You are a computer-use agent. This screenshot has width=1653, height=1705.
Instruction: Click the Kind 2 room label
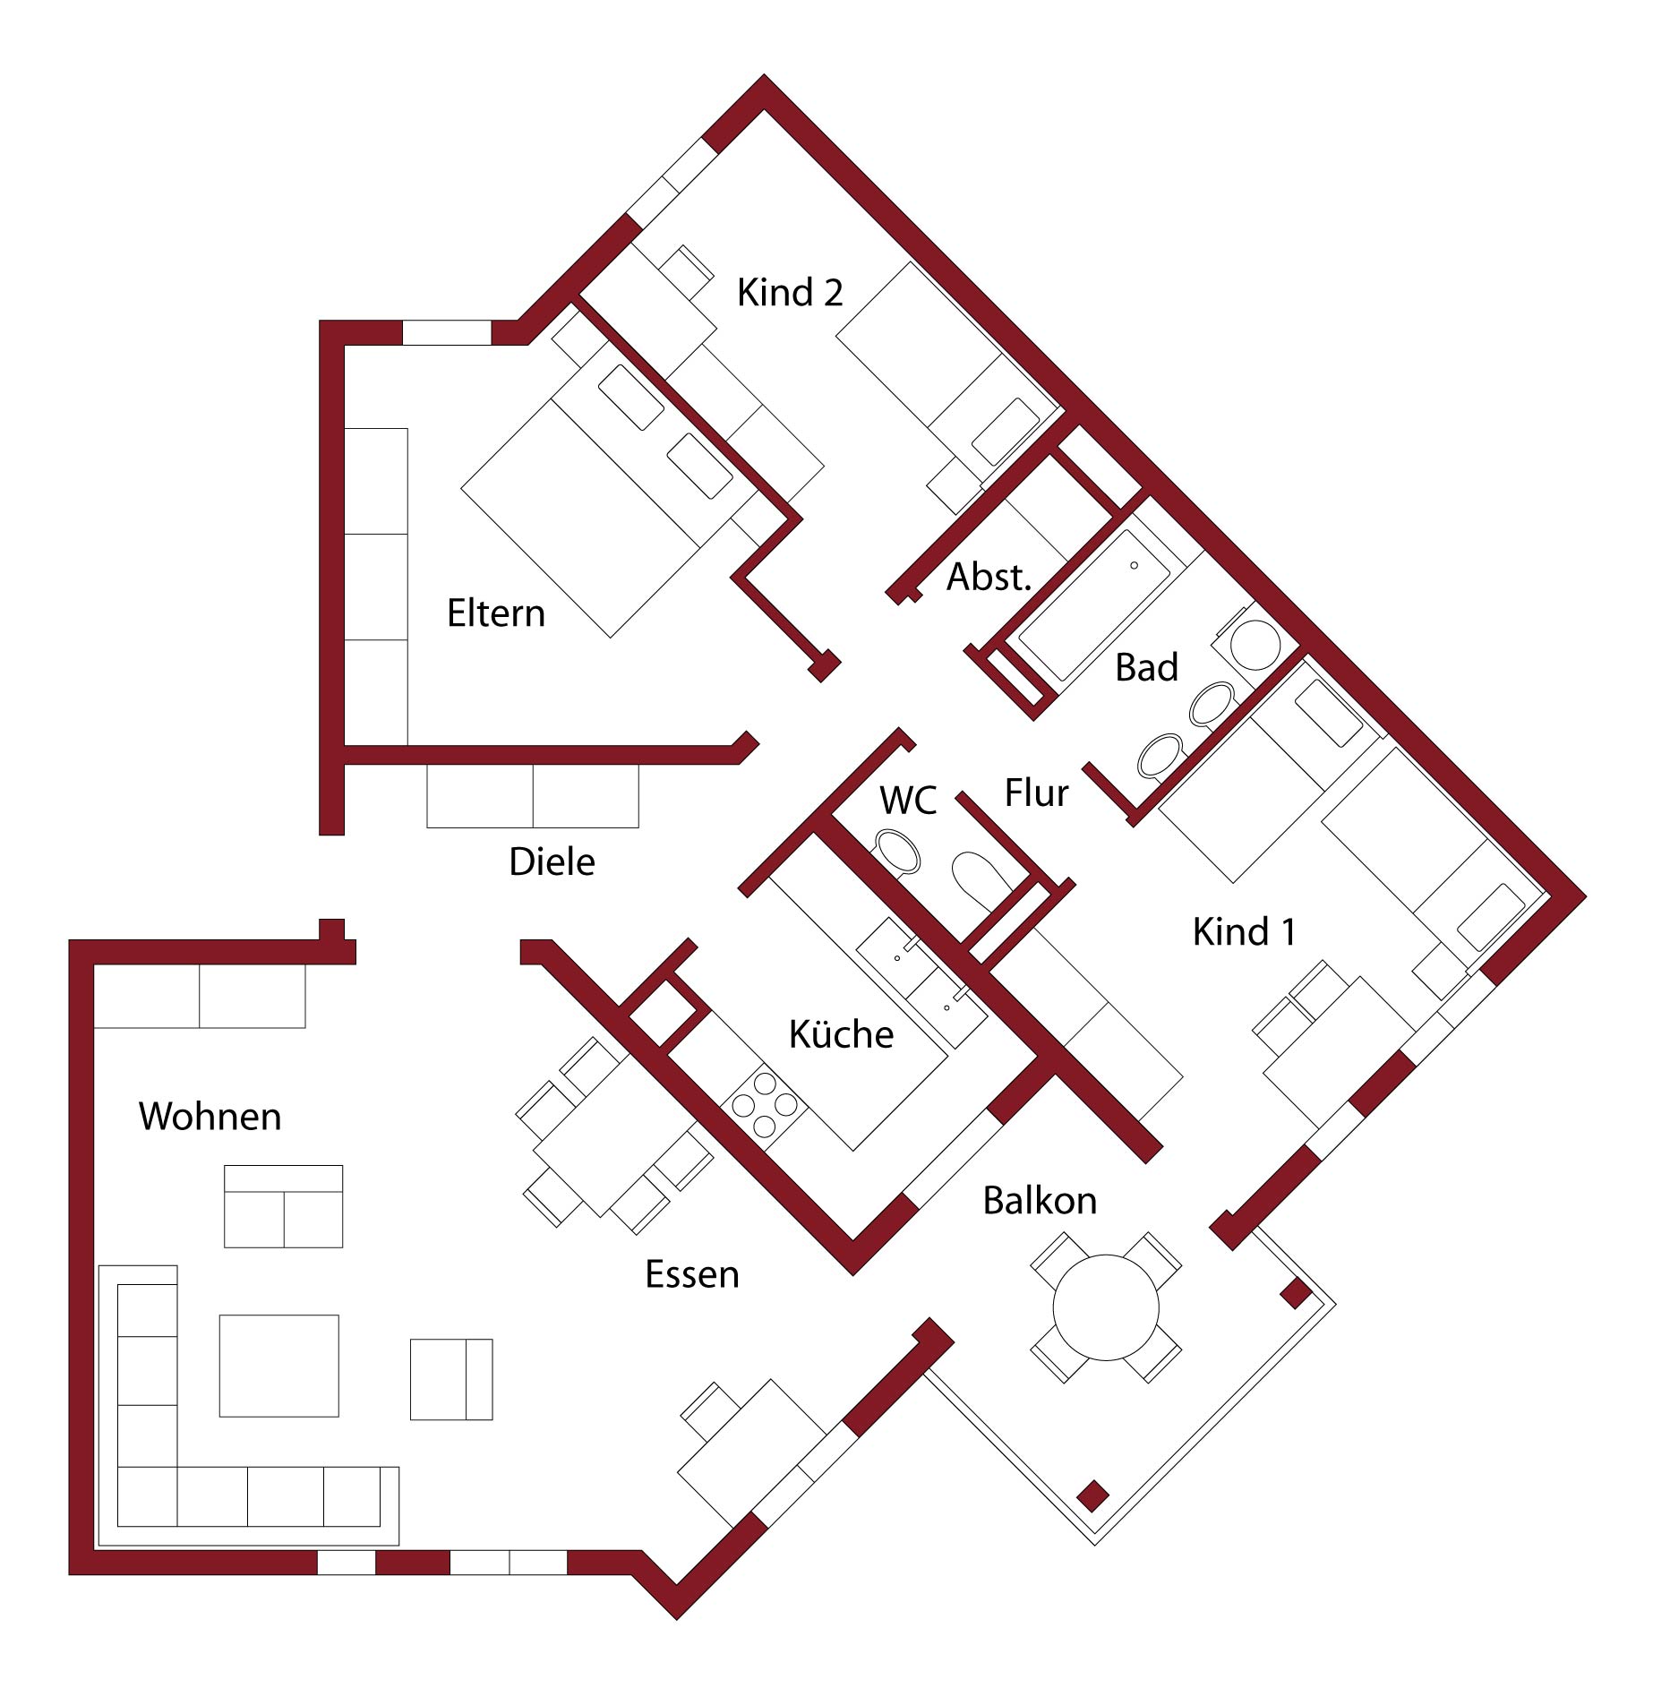(x=790, y=293)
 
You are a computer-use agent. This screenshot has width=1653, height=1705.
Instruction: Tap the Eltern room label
(x=496, y=613)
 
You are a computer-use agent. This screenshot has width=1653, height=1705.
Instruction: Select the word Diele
(x=552, y=861)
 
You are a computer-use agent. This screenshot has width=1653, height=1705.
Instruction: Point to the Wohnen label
(x=210, y=1117)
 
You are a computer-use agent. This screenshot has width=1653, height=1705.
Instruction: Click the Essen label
(x=692, y=1274)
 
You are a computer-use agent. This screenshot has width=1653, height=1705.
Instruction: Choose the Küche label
(x=841, y=1034)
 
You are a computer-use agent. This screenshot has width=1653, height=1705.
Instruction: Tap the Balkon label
(x=1040, y=1201)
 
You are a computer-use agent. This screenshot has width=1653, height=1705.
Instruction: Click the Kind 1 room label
(x=1244, y=932)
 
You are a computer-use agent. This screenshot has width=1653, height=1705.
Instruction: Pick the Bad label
(x=1146, y=668)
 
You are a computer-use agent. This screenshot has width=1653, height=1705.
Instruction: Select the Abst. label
(x=989, y=578)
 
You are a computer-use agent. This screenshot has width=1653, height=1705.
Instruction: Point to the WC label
(x=908, y=801)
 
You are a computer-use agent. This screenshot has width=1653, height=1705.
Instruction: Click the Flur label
(x=1036, y=793)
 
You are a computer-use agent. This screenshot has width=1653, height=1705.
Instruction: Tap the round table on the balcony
(x=1106, y=1307)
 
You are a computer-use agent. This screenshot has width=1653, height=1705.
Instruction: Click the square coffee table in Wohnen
(x=279, y=1365)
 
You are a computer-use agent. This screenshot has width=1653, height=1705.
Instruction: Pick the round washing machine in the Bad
(x=1254, y=643)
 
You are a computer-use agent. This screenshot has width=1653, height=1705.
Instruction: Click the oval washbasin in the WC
(x=897, y=852)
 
